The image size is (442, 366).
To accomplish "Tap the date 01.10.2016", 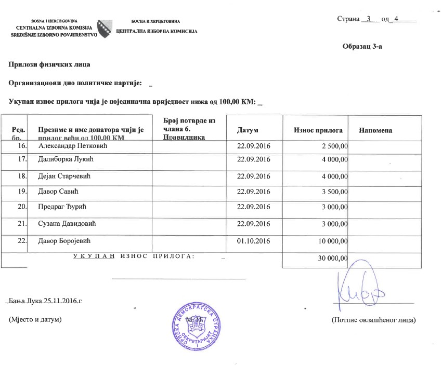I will tap(253, 241).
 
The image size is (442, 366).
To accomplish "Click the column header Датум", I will tap(247, 130).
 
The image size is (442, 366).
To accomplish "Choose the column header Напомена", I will tap(375, 130).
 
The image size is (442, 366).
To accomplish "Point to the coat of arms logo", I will tap(105, 28).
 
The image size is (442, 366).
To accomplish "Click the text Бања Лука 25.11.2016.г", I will tap(46, 301).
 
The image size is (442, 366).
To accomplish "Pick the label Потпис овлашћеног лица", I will tap(373, 319).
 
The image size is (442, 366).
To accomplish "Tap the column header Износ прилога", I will tap(318, 130).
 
